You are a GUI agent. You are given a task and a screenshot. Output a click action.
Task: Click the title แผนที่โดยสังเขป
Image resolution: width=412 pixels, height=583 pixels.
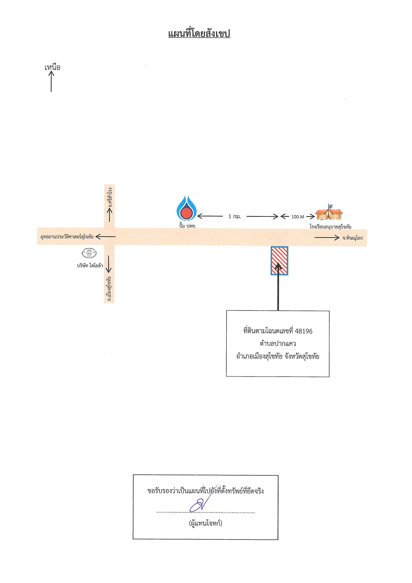click(199, 34)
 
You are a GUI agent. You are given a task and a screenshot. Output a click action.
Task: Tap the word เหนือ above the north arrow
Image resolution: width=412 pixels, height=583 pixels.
click(52, 67)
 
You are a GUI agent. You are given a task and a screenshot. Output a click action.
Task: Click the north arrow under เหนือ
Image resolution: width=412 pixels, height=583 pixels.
click(51, 81)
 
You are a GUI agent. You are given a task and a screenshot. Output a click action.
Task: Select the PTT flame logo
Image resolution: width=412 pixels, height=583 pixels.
click(186, 208)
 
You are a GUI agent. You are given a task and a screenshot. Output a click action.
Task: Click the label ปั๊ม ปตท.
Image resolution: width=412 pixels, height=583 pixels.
click(188, 226)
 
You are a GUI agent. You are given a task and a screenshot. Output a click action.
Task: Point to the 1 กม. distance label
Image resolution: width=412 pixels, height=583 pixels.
click(235, 216)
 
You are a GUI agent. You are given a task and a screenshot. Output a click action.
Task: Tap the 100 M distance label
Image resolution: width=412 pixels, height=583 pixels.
click(298, 217)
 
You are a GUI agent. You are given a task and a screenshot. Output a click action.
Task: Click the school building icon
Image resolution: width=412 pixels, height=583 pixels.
click(329, 212)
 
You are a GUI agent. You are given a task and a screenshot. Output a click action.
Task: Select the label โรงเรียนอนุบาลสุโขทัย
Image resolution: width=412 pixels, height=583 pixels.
click(330, 227)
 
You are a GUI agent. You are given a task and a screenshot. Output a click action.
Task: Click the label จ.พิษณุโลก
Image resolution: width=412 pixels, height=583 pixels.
click(353, 238)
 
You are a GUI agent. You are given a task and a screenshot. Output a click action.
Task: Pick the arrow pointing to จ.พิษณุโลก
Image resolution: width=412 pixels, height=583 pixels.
click(327, 238)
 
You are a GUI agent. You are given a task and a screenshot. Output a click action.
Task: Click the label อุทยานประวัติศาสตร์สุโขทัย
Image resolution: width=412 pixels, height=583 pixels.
click(67, 237)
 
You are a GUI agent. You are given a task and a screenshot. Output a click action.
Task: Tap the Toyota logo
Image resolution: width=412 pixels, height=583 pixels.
click(89, 253)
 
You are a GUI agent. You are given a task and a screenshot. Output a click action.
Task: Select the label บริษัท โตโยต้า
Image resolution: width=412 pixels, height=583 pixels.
click(90, 266)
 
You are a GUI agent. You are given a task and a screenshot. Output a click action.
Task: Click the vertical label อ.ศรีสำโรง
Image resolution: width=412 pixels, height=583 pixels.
click(110, 197)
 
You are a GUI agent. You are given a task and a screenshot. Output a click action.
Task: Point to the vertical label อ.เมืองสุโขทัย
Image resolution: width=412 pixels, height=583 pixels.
click(109, 289)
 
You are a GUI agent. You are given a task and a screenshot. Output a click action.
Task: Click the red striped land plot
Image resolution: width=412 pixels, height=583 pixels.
click(279, 261)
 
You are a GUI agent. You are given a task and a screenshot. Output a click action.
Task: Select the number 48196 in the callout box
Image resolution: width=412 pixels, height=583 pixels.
click(304, 331)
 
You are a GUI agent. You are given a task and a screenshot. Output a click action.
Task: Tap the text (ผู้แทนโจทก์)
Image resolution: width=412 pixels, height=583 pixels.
click(205, 523)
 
